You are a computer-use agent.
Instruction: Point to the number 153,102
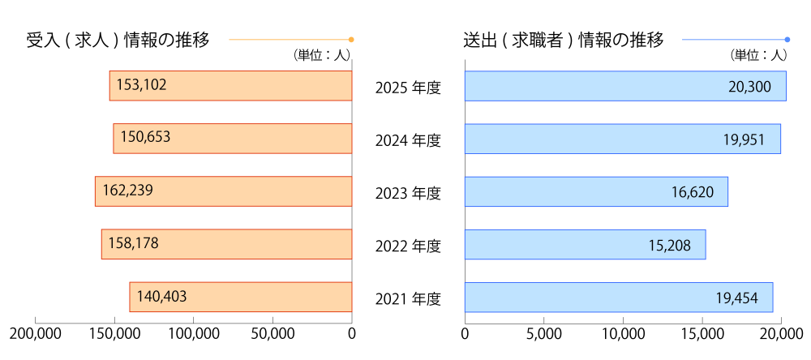(x=141, y=84)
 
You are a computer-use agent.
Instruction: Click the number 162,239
(x=127, y=191)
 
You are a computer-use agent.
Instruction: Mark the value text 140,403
(x=161, y=297)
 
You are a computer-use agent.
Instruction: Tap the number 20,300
(x=749, y=87)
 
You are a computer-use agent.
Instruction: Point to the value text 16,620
(x=692, y=193)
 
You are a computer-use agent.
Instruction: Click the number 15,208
(x=669, y=246)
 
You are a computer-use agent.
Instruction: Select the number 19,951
(x=744, y=139)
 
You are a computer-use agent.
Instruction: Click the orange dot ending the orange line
(x=351, y=40)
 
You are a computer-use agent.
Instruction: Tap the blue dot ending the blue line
(x=787, y=40)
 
